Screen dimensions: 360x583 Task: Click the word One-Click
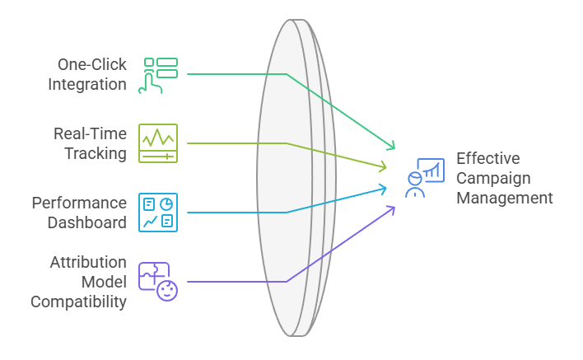[x=92, y=64]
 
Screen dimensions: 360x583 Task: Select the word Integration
[x=87, y=84]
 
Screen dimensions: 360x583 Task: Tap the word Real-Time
[x=91, y=133]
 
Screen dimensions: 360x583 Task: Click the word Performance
[x=80, y=203]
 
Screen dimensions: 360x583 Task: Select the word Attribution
[x=88, y=263]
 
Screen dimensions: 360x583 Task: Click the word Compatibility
[x=79, y=302]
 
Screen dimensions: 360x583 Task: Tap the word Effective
[x=488, y=158]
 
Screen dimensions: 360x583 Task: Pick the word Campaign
[x=494, y=178]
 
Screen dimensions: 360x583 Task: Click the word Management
[x=505, y=198]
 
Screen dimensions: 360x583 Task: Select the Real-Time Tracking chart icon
[x=158, y=143]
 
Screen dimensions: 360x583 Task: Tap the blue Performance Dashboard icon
[x=158, y=212]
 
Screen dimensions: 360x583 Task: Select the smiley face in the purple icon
[x=167, y=290]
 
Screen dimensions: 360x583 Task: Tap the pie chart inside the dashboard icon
[x=166, y=203]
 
